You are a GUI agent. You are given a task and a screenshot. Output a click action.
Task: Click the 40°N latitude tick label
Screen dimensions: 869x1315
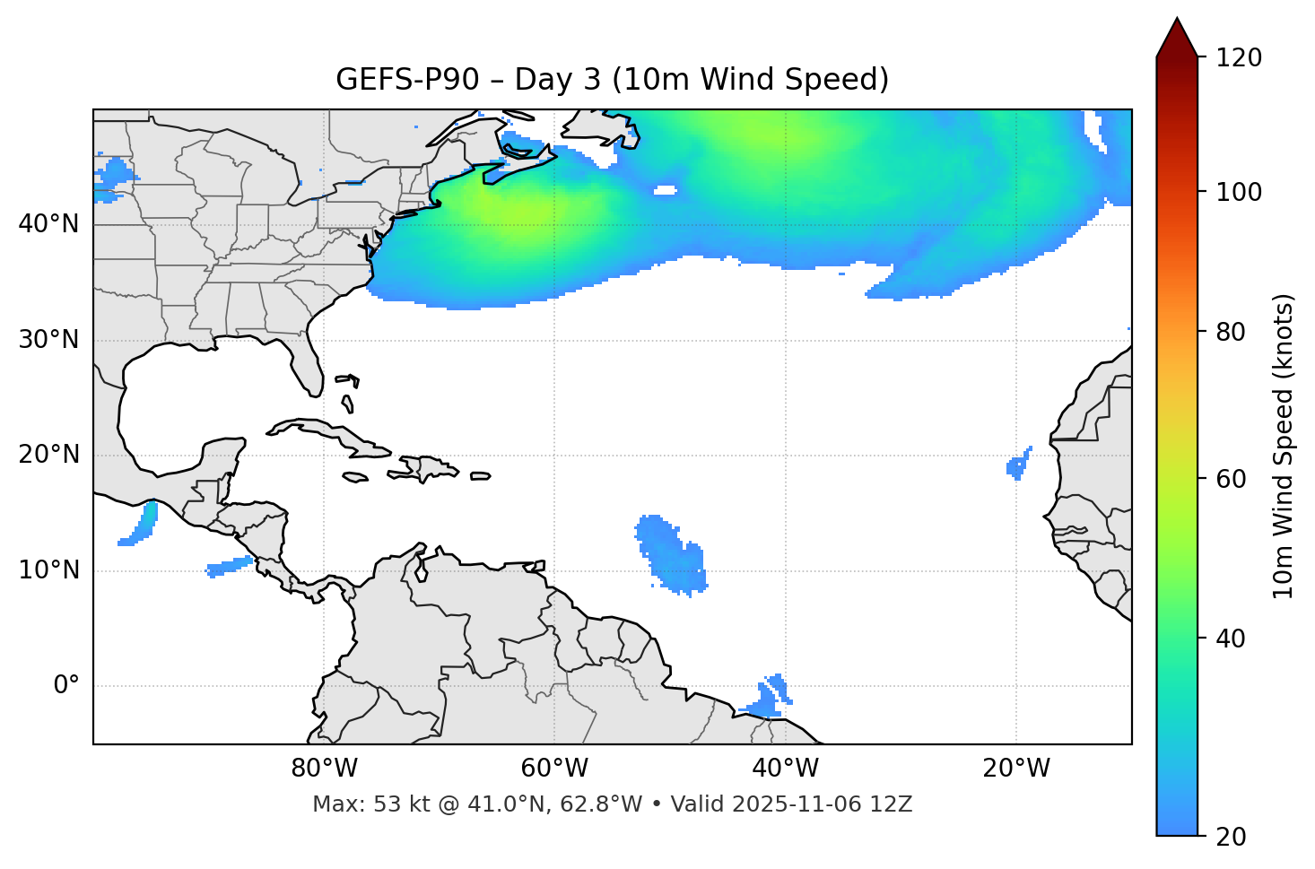pyautogui.click(x=48, y=224)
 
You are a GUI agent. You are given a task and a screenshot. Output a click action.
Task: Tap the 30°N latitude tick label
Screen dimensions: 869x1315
pyautogui.click(x=48, y=340)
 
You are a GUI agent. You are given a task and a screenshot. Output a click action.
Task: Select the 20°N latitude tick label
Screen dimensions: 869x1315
pyautogui.click(x=48, y=455)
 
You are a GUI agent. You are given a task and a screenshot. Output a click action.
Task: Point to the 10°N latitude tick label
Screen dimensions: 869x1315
pyautogui.click(x=48, y=570)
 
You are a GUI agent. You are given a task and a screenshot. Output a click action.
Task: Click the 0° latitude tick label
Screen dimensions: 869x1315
pyautogui.click(x=66, y=686)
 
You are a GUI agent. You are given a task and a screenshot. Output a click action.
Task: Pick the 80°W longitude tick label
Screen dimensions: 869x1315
pyautogui.click(x=324, y=769)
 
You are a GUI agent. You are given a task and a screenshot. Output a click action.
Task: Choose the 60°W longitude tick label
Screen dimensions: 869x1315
pyautogui.click(x=554, y=769)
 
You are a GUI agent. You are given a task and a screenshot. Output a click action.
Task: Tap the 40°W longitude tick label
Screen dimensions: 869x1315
pyautogui.click(x=785, y=769)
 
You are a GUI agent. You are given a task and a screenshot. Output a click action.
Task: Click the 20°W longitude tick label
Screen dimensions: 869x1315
pyautogui.click(x=1015, y=769)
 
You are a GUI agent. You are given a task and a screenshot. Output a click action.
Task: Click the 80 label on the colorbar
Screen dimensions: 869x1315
pyautogui.click(x=1235, y=332)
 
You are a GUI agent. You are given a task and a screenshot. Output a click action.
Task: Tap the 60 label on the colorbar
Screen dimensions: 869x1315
pyautogui.click(x=1235, y=479)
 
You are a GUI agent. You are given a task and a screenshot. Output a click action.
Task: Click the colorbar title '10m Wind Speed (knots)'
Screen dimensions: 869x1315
pyautogui.click(x=1284, y=446)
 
